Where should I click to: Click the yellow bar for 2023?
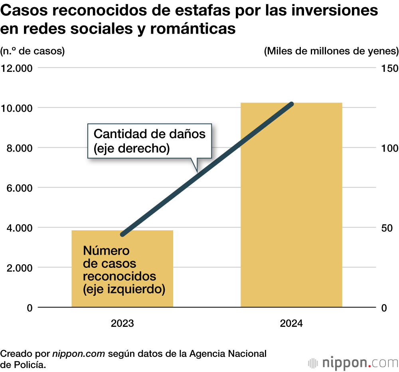pos(122,268)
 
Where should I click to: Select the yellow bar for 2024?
pos(291,205)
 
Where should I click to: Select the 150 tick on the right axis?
pos(390,68)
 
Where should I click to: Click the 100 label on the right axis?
pos(390,148)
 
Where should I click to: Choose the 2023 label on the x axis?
pos(122,324)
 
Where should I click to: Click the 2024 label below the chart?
pos(291,324)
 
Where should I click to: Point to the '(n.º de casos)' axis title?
pos(32,51)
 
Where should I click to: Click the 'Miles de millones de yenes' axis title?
pos(331,51)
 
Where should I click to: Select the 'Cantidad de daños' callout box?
pos(149,140)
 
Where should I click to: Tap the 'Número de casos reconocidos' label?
pos(124,270)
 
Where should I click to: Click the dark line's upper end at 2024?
pos(292,104)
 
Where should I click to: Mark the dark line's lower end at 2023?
pos(122,234)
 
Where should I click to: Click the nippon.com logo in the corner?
pos(354,363)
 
